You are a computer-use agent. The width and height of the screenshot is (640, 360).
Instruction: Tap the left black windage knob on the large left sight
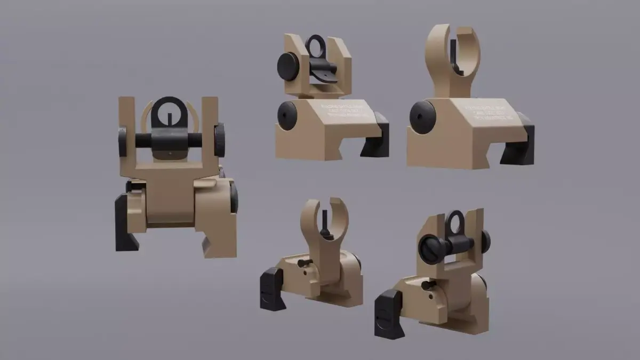(123, 141)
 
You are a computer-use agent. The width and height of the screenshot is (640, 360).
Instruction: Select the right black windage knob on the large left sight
(219, 140)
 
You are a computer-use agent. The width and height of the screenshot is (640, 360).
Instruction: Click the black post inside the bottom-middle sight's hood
(325, 221)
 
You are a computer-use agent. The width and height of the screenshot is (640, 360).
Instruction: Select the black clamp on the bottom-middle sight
(273, 289)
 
